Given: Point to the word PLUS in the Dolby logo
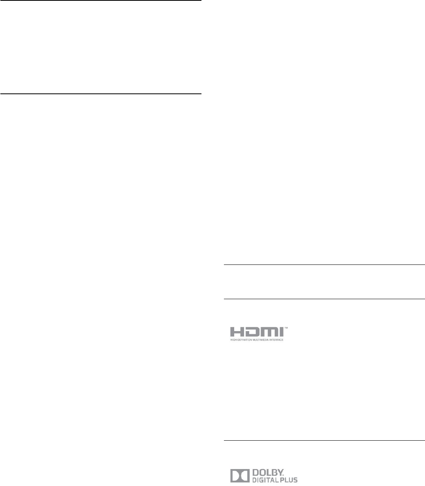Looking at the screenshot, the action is coord(290,480).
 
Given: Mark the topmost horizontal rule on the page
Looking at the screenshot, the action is coord(101,1).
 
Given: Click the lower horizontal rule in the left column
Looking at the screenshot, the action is coord(101,94).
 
